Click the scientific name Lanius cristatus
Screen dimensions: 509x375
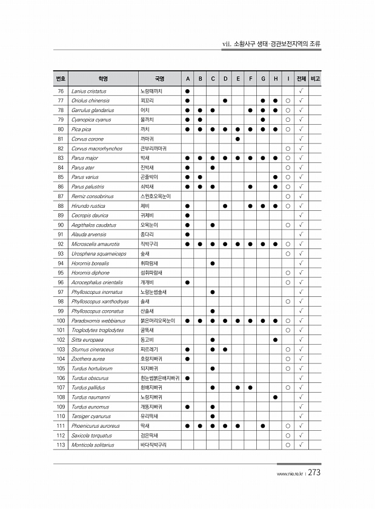88,90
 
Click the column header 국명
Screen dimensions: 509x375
159,79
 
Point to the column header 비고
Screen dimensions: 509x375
315,79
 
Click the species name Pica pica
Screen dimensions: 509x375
81,129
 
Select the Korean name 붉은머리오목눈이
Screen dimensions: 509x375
158,321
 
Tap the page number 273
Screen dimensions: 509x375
314,473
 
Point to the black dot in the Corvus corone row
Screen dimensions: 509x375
237,139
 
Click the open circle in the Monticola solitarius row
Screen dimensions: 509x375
288,445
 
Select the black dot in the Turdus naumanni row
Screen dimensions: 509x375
276,397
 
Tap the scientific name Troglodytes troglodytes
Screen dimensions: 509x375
98,330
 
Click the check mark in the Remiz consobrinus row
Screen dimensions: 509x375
301,196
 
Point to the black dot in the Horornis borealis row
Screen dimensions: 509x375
213,263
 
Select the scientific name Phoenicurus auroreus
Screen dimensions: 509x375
96,426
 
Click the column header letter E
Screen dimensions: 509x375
237,79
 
